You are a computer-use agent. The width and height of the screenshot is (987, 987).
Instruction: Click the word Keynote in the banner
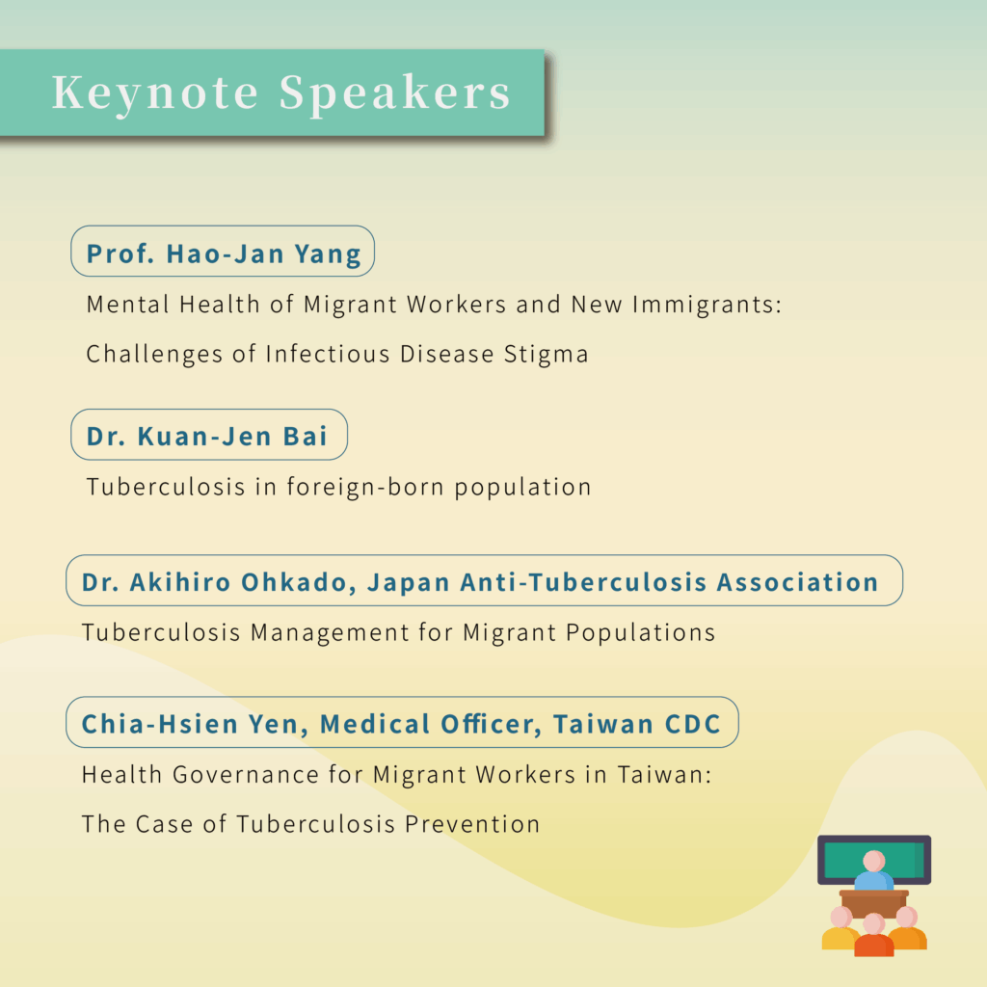(x=155, y=93)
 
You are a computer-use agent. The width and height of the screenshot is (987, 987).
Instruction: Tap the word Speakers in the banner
(x=394, y=93)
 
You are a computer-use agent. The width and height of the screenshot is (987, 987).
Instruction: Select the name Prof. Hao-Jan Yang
(x=224, y=253)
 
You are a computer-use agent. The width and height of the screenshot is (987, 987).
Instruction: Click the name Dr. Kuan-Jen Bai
(x=207, y=437)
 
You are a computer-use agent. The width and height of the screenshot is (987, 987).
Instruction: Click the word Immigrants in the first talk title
(x=707, y=305)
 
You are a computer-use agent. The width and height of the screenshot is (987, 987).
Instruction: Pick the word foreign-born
(x=365, y=487)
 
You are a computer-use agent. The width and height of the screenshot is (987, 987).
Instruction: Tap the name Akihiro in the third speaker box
(x=180, y=582)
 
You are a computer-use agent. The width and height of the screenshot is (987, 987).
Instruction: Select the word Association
(x=797, y=582)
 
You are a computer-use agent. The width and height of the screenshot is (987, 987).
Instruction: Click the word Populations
(x=640, y=633)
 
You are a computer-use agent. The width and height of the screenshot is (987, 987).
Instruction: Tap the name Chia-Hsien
(x=160, y=724)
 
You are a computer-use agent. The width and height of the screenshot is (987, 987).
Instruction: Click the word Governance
(x=246, y=775)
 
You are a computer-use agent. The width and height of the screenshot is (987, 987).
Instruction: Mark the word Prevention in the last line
(x=472, y=824)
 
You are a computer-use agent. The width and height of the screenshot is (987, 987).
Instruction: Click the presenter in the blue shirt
(x=873, y=871)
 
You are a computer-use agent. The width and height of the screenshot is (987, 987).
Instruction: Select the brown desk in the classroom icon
(x=874, y=902)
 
